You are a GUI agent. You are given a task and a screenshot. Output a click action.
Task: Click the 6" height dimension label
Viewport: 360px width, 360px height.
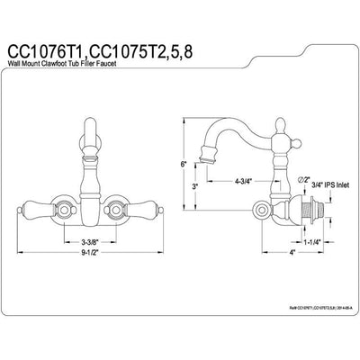(183, 165)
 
